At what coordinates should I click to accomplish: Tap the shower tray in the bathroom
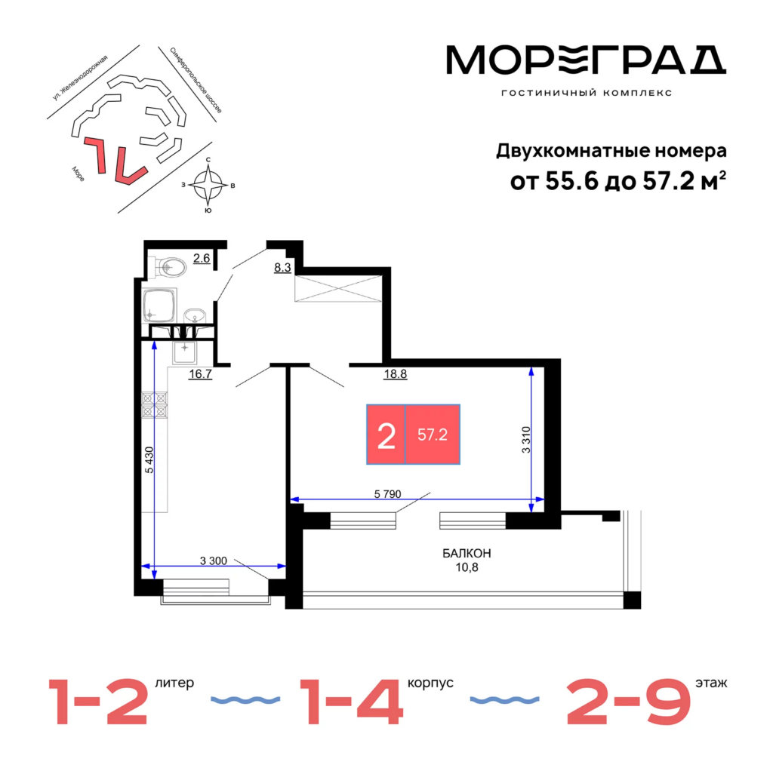pyautogui.click(x=159, y=306)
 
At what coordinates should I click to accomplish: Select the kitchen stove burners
pyautogui.click(x=155, y=404)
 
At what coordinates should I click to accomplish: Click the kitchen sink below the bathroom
pyautogui.click(x=184, y=352)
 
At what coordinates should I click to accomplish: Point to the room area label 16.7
pyautogui.click(x=201, y=374)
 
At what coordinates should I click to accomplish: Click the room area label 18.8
pyautogui.click(x=396, y=374)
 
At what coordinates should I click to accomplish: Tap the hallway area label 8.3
pyautogui.click(x=282, y=268)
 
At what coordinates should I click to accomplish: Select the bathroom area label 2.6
pyautogui.click(x=202, y=258)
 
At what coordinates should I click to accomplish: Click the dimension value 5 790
pyautogui.click(x=387, y=493)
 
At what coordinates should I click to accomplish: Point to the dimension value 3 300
pyautogui.click(x=214, y=561)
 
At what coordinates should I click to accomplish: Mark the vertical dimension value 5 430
pyautogui.click(x=149, y=460)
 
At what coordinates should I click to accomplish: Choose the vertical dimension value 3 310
pyautogui.click(x=526, y=440)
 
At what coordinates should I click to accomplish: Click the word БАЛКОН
pyautogui.click(x=467, y=554)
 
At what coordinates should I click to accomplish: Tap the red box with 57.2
pyautogui.click(x=433, y=435)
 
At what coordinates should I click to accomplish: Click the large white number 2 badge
pyautogui.click(x=386, y=435)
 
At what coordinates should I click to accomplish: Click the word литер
pyautogui.click(x=174, y=683)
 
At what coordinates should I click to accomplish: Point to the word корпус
pyautogui.click(x=430, y=683)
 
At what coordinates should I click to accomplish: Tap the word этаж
pyautogui.click(x=711, y=683)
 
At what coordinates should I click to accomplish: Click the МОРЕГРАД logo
pyautogui.click(x=586, y=60)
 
